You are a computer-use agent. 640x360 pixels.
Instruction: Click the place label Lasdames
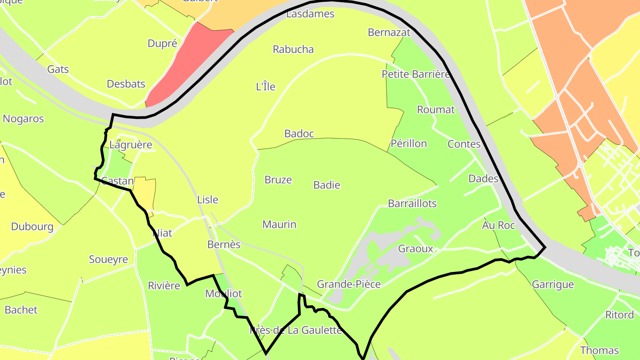click(x=310, y=14)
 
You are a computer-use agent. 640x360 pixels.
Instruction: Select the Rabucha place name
click(x=293, y=49)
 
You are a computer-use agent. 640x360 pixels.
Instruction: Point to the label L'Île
click(x=266, y=87)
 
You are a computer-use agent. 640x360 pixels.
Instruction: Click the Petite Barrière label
click(x=416, y=74)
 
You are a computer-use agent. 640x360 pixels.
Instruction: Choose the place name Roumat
click(x=436, y=110)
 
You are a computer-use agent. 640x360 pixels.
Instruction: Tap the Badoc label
click(x=299, y=134)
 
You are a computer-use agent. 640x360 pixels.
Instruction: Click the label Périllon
click(x=409, y=144)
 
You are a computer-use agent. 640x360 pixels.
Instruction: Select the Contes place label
click(x=464, y=144)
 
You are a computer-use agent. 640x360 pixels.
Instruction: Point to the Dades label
click(x=484, y=179)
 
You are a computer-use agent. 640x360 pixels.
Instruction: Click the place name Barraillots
click(x=412, y=204)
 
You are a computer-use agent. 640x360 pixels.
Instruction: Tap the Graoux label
click(x=416, y=249)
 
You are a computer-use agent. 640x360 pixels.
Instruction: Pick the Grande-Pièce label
click(x=349, y=284)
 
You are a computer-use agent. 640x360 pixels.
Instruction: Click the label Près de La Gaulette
click(x=296, y=330)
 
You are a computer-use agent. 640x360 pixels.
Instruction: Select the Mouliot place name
click(x=224, y=294)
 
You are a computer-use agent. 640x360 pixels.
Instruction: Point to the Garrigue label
click(x=553, y=284)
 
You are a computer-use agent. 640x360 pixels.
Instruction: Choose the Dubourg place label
click(x=32, y=227)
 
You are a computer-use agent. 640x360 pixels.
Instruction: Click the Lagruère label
click(x=131, y=145)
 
